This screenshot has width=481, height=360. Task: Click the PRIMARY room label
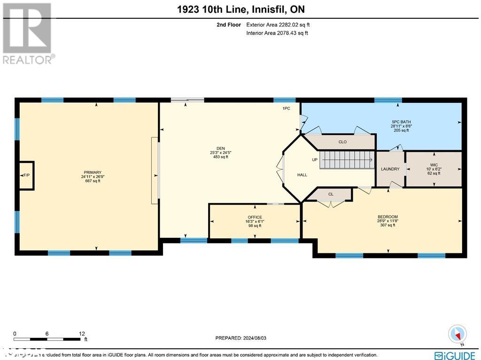[93, 172]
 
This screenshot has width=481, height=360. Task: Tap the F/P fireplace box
[26, 175]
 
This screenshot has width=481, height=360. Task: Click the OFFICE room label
[255, 217]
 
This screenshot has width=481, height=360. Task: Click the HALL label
[302, 175]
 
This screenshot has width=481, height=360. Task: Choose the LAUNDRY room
[390, 169]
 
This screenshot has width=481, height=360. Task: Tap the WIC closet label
[434, 165]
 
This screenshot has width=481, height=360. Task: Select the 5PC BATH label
[401, 122]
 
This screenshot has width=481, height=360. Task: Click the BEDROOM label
[388, 217]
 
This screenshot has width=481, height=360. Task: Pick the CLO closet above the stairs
[342, 142]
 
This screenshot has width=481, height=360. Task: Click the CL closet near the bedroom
[331, 194]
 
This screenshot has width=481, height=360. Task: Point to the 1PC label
[286, 109]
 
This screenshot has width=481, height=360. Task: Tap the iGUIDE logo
[455, 355]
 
